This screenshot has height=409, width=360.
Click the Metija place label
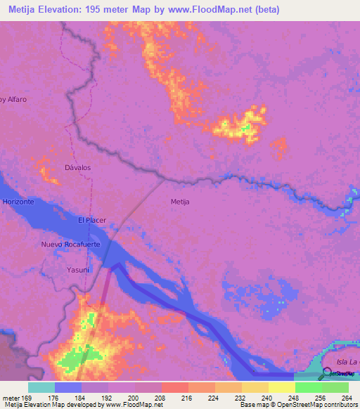(181, 202)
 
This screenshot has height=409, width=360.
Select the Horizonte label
(18, 202)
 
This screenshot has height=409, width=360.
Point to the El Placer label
(91, 221)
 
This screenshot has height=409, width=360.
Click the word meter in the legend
(8, 397)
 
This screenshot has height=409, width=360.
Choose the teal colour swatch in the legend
(41, 387)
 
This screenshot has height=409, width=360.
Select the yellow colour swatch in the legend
(281, 387)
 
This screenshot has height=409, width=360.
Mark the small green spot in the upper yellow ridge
(246, 128)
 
